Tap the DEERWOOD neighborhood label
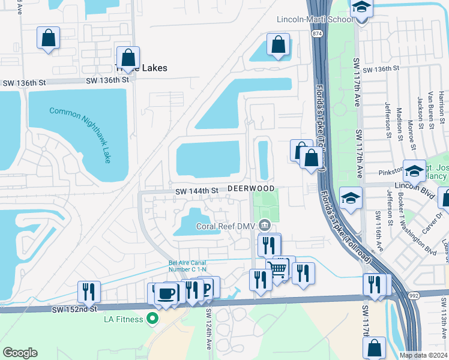tap(251, 188)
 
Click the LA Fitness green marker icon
tap(153, 319)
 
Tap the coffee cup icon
tap(166, 294)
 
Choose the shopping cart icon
tap(277, 269)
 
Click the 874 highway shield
tap(316, 34)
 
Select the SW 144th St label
tap(196, 191)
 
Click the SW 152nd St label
tap(74, 308)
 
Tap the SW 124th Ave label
tap(209, 329)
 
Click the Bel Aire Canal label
tap(187, 266)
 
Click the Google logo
tap(20, 353)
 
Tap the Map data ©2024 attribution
tap(423, 355)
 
